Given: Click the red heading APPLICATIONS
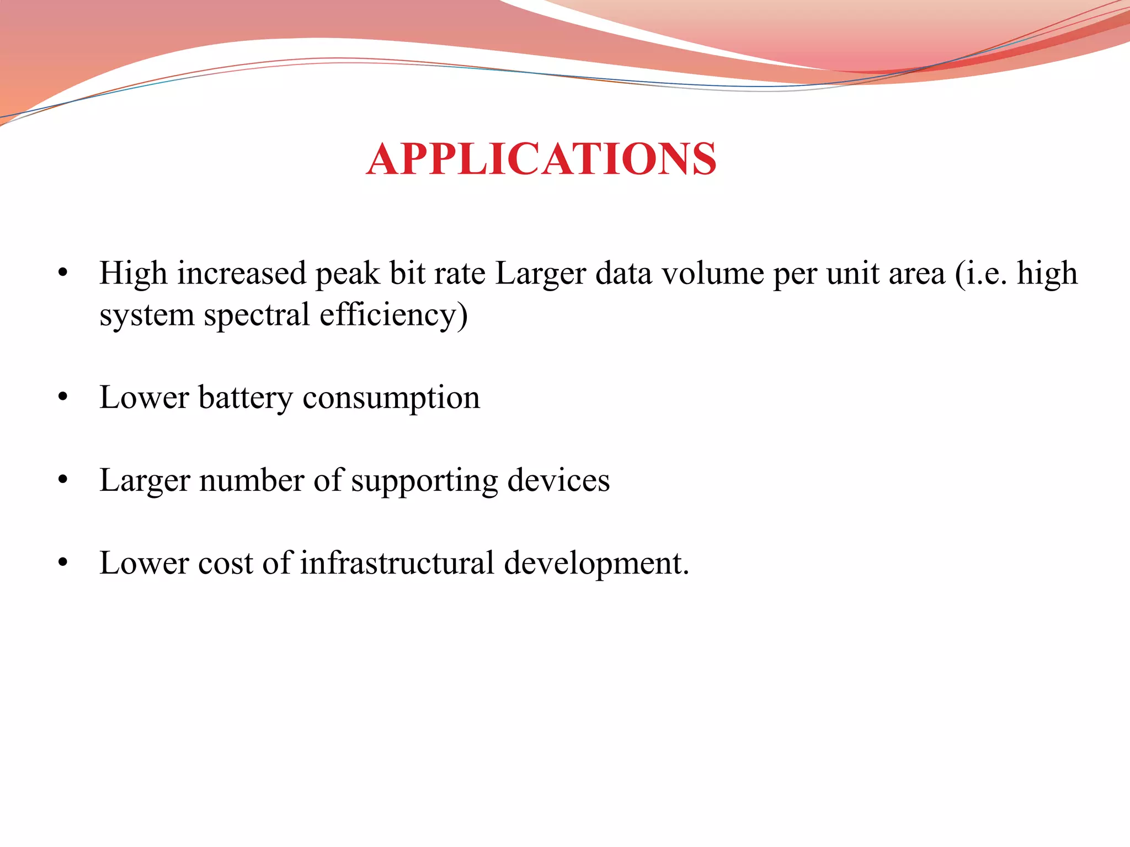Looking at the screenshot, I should click(541, 159).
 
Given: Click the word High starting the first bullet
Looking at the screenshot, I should click(133, 274).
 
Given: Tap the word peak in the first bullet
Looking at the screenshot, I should click(347, 275).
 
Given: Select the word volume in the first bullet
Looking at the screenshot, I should click(712, 274).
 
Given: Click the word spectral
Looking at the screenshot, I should click(257, 315).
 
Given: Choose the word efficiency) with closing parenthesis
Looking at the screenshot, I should click(393, 315).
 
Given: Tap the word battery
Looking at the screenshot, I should click(246, 398).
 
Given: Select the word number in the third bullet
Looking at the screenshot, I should click(252, 480).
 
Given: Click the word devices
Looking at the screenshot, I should click(558, 480).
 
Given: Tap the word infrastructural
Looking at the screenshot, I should click(397, 563).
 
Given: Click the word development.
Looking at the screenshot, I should click(596, 564).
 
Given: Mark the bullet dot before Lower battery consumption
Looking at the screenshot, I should click(63, 397).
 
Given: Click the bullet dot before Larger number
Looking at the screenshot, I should click(63, 480).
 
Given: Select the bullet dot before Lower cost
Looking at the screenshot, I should click(63, 562).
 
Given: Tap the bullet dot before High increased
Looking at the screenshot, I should click(63, 273).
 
